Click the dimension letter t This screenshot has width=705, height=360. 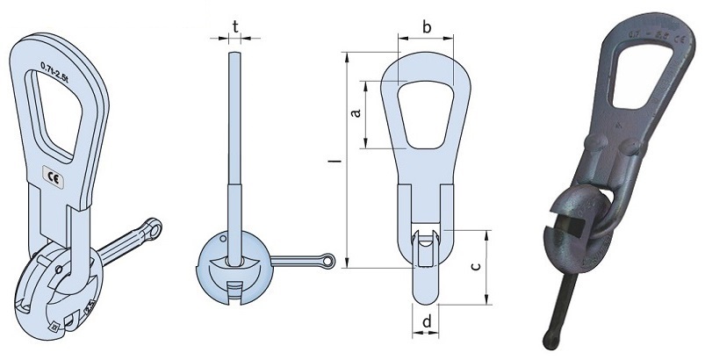point(236,25)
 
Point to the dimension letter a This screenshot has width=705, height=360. point(355,115)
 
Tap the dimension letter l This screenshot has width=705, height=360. point(333,162)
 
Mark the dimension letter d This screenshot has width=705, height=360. point(426,322)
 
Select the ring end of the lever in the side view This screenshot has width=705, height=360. point(327,261)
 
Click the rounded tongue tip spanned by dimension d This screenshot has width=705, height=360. point(426,290)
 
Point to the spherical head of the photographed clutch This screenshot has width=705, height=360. point(579,228)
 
